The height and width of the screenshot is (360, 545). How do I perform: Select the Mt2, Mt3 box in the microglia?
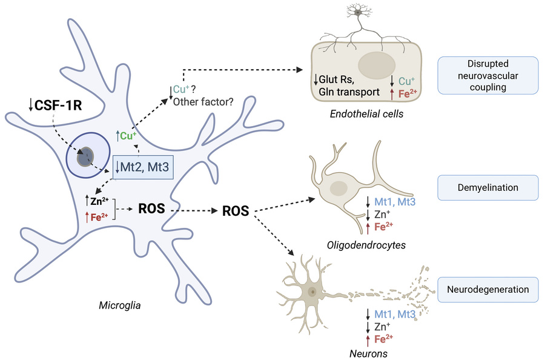(x=144, y=165)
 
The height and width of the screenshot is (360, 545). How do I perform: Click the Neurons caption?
(x=368, y=352)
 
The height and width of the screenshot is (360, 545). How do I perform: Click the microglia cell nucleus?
(x=87, y=158)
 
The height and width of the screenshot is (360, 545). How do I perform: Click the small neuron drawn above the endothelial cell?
(x=358, y=12)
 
